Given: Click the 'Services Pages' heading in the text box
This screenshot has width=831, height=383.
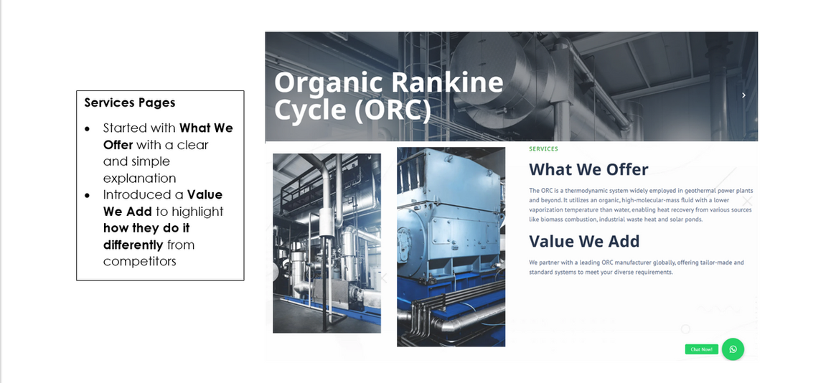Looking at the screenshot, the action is pos(130,103).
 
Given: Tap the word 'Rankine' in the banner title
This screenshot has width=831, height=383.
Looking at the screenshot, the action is pos(447,82).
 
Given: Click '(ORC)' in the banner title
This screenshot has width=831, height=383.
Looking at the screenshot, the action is pos(393,110).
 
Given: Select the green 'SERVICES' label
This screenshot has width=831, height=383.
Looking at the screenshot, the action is pos(543,149).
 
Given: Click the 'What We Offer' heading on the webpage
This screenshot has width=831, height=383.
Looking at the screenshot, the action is pos(588,169).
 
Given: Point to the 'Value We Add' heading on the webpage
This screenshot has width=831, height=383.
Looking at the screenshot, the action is pos(584,241).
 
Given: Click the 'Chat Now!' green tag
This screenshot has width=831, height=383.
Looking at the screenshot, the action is pos(702,349).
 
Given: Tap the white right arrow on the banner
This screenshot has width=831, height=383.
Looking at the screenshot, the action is pos(743,95).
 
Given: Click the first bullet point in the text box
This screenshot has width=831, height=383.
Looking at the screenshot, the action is pos(88,128).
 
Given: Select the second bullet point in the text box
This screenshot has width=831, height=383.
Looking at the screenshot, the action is pos(88,196).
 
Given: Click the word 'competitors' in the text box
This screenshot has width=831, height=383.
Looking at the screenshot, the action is pos(139,262).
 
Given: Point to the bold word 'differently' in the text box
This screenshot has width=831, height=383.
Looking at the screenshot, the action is pos(133,245).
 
